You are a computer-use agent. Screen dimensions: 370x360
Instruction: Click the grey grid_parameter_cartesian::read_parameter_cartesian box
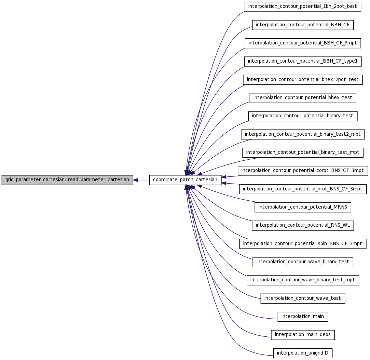[67, 180]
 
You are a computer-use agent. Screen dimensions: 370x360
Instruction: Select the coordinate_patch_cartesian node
[185, 180]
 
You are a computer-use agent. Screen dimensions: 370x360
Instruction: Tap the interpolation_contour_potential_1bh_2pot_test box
[303, 6]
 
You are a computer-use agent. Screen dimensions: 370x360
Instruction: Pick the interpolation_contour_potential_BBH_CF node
[303, 25]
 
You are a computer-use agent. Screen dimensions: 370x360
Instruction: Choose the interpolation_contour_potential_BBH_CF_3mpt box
[303, 43]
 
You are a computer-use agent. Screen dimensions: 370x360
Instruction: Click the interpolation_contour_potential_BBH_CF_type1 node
[303, 62]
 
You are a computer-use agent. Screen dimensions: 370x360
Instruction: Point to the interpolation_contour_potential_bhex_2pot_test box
[303, 80]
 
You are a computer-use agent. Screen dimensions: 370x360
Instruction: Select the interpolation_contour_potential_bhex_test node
[303, 98]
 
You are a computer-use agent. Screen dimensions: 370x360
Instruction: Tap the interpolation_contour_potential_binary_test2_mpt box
[303, 135]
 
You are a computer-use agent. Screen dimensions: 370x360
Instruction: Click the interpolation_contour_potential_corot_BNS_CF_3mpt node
[303, 171]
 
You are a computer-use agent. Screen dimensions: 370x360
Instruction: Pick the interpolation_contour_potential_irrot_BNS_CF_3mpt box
[303, 189]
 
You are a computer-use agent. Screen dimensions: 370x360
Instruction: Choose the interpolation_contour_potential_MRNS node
[303, 208]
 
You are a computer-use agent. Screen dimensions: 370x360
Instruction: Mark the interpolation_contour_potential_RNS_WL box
[303, 226]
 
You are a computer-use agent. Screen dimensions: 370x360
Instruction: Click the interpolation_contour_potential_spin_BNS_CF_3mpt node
[303, 244]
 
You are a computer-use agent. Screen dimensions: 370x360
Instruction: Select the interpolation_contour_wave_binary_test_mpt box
[303, 280]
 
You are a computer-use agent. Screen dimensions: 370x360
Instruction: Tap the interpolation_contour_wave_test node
[303, 299]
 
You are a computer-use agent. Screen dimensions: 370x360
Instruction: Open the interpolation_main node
[303, 317]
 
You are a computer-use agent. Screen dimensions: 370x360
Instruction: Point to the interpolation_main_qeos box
[303, 335]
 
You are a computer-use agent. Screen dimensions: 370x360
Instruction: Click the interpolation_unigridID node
[303, 354]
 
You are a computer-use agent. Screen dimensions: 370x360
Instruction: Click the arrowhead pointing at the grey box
[135, 180]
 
